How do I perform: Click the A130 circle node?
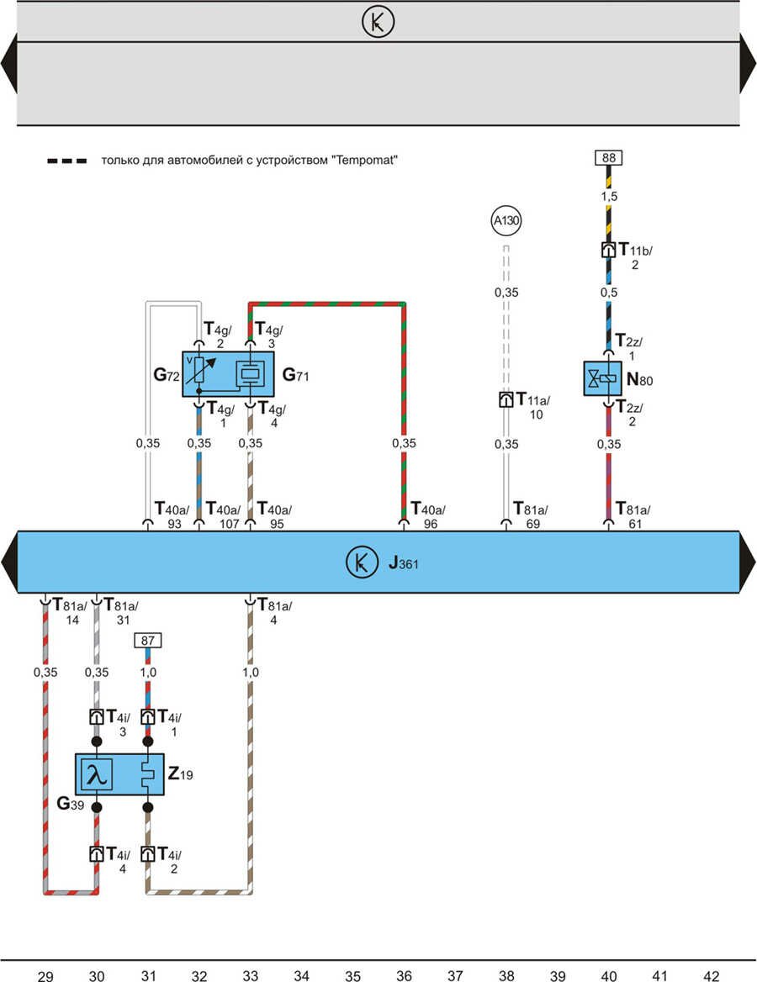pyautogui.click(x=506, y=222)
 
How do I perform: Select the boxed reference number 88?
pyautogui.click(x=608, y=157)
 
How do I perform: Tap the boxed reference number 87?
pyautogui.click(x=148, y=641)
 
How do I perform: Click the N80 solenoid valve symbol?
pyautogui.click(x=602, y=378)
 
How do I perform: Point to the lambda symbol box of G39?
pyautogui.click(x=96, y=774)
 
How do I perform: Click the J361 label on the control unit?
pyautogui.click(x=403, y=563)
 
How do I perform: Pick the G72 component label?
pyautogui.click(x=166, y=376)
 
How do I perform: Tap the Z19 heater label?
pyautogui.click(x=180, y=774)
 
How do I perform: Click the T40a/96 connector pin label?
pyautogui.click(x=428, y=515)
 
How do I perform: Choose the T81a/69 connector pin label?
pyautogui.click(x=531, y=515)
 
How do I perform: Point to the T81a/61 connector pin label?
pyautogui.click(x=633, y=515)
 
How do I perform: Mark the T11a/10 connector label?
pyautogui.click(x=532, y=404)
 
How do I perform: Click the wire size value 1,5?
pyautogui.click(x=608, y=195)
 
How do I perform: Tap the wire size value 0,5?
pyautogui.click(x=608, y=293)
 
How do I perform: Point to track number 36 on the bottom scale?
pyautogui.click(x=404, y=975)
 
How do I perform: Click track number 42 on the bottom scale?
pyautogui.click(x=711, y=975)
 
